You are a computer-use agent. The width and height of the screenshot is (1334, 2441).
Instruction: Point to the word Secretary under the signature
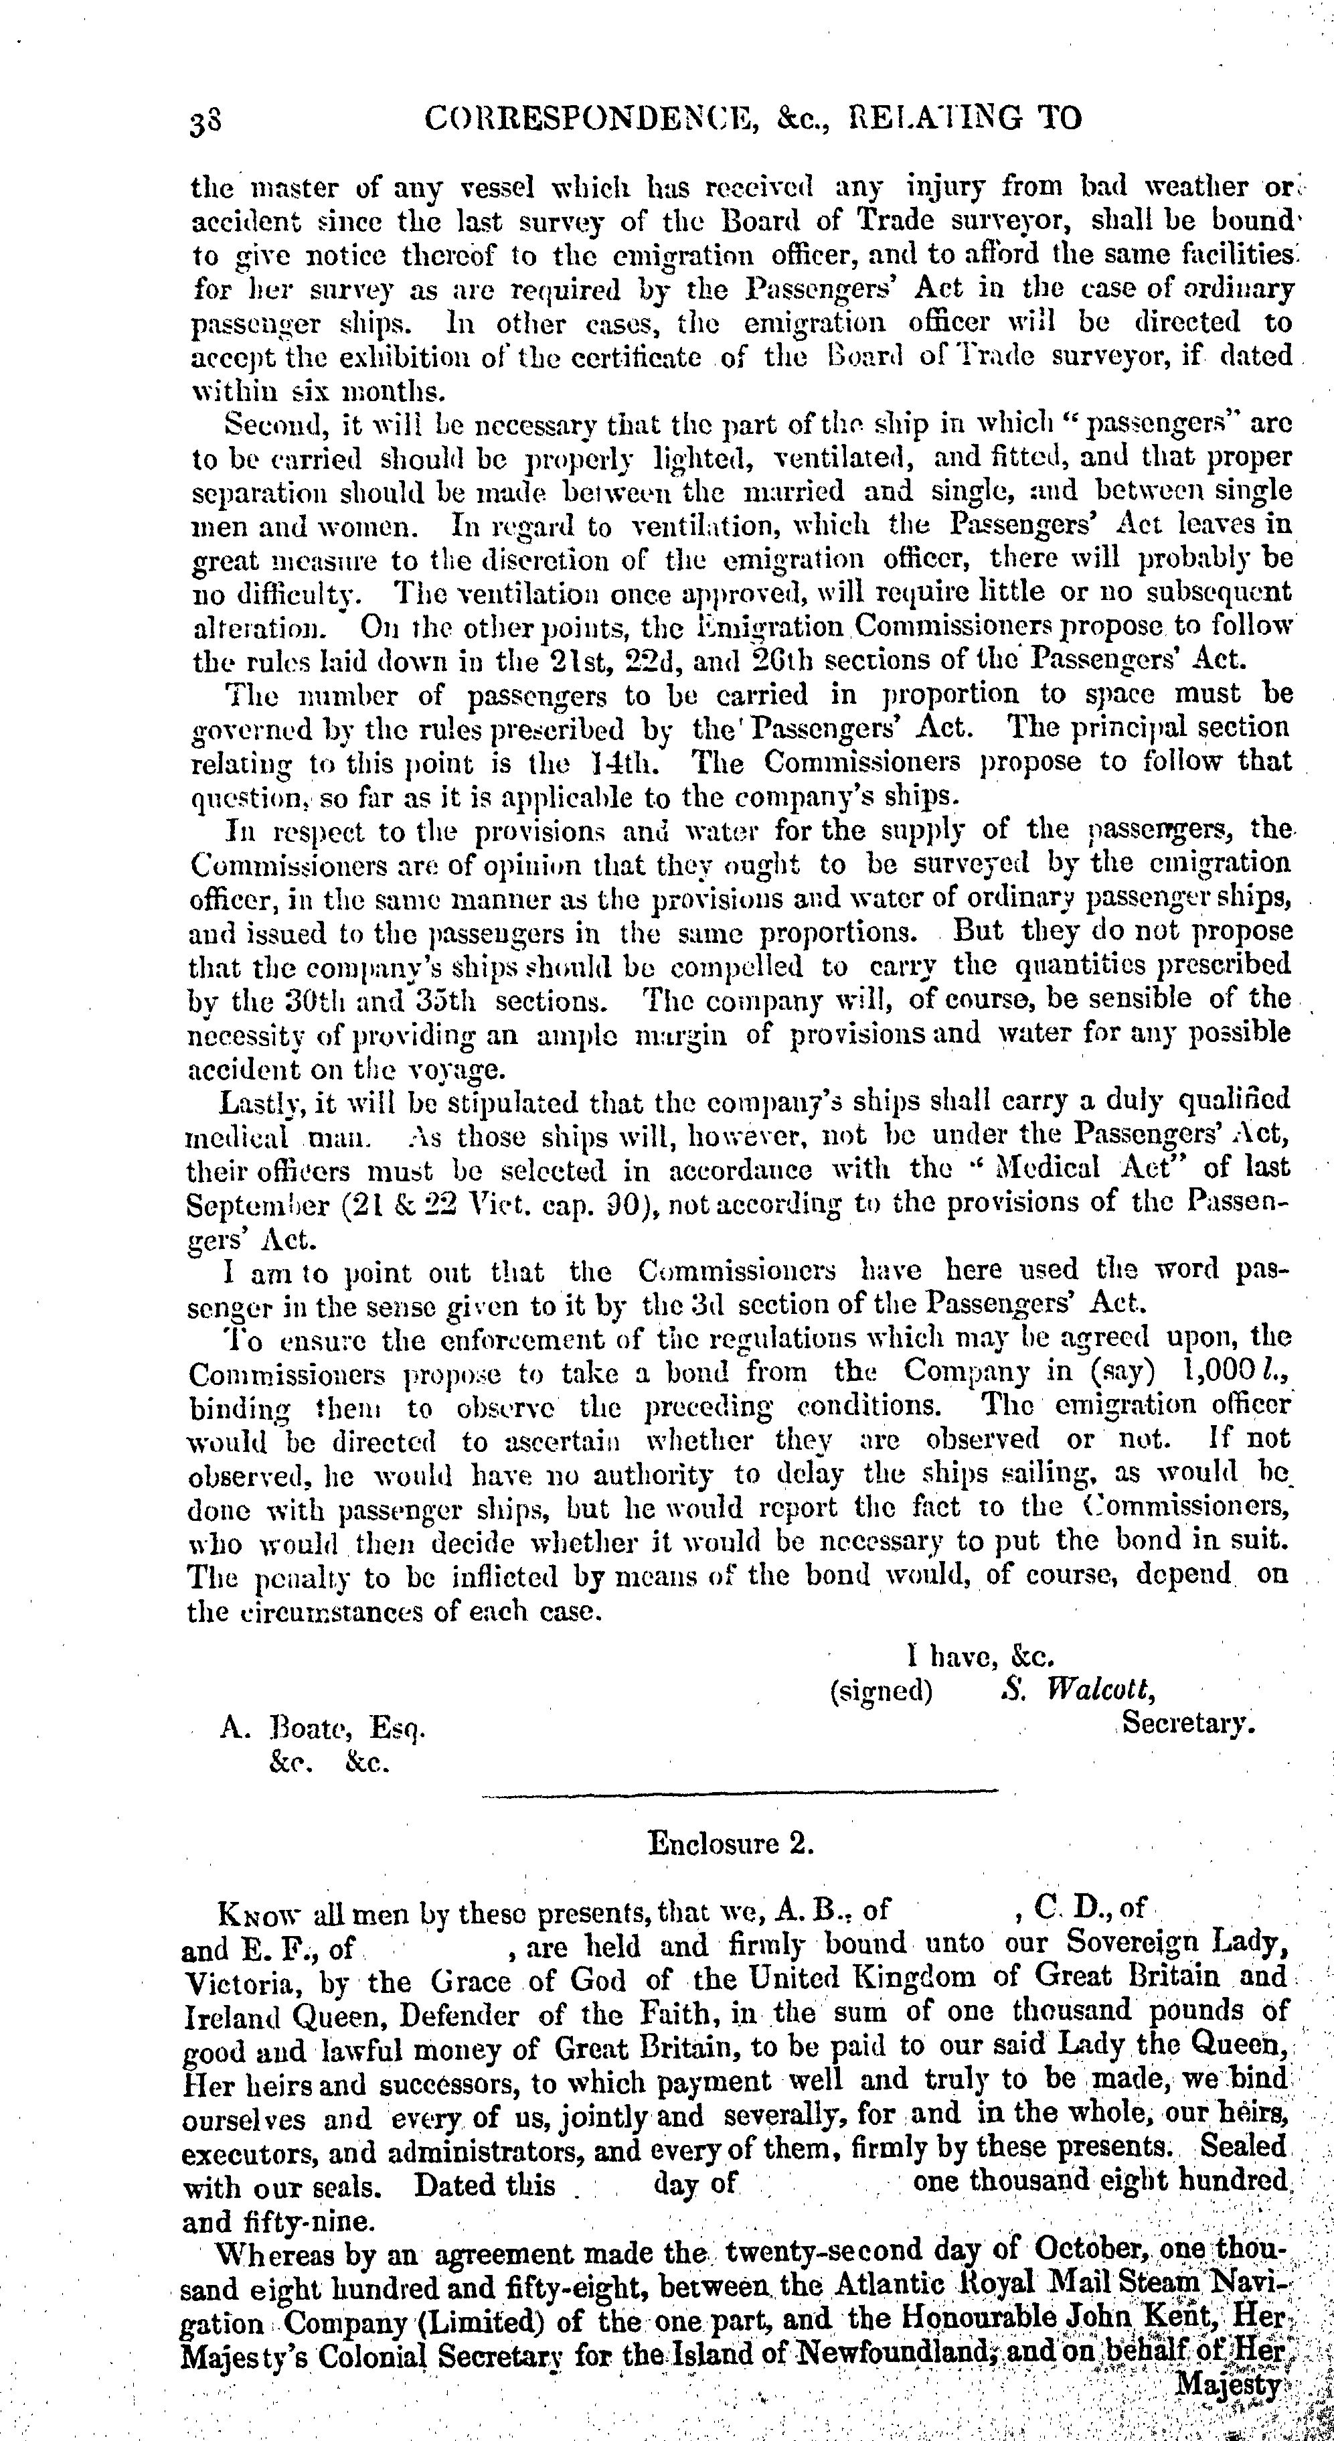pyautogui.click(x=1189, y=1724)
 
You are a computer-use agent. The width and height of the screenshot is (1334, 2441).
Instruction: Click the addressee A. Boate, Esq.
pyautogui.click(x=322, y=1728)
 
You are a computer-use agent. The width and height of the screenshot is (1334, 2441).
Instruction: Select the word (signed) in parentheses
pyautogui.click(x=881, y=1690)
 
